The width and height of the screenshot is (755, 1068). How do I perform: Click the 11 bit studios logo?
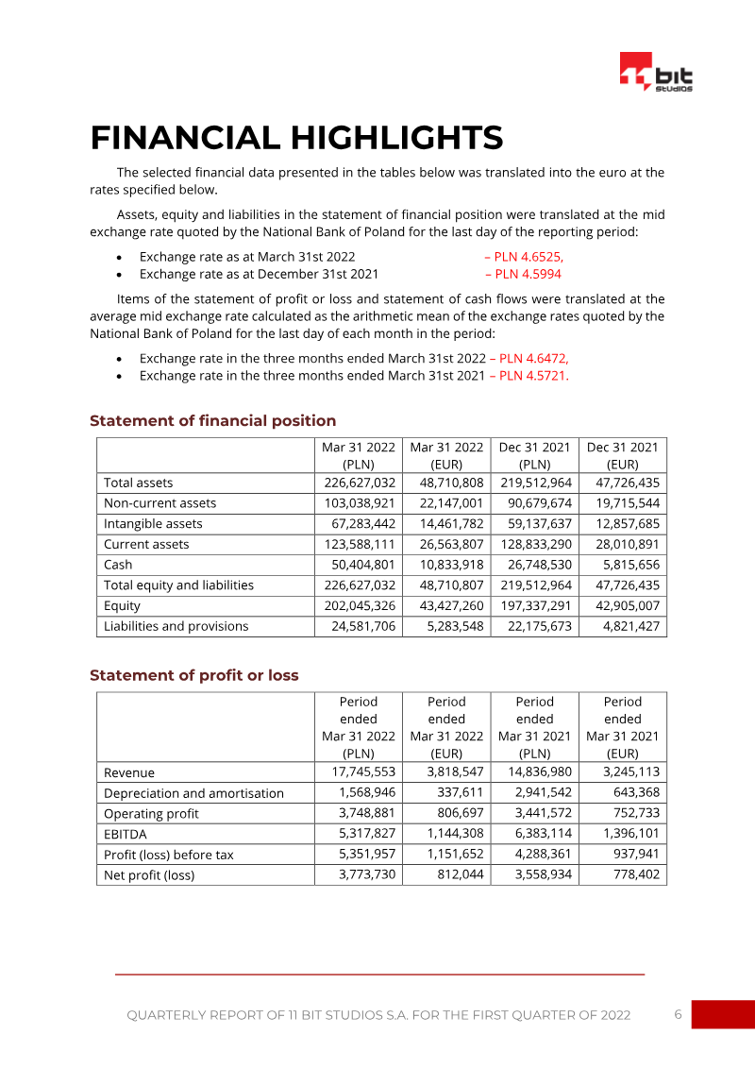(x=656, y=72)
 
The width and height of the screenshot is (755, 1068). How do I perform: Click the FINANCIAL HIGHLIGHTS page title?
(x=296, y=138)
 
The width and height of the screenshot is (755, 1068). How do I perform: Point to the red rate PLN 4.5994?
(x=525, y=274)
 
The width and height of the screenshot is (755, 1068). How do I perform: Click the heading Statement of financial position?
(x=212, y=421)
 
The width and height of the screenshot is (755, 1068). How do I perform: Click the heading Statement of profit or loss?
(x=193, y=675)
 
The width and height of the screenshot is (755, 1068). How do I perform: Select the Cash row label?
(x=119, y=565)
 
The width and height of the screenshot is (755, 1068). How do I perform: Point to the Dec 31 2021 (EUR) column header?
(x=622, y=455)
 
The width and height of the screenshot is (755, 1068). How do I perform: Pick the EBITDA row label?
(x=126, y=834)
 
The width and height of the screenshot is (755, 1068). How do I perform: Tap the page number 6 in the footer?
(x=678, y=1015)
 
